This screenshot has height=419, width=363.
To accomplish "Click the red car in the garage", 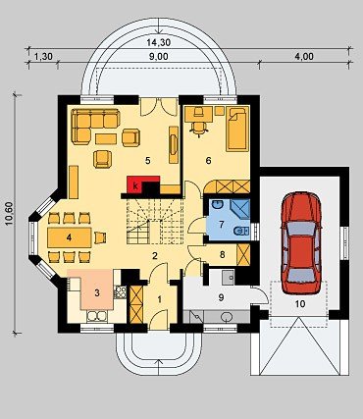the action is click(x=301, y=243).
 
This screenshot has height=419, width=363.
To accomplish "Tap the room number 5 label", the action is click(x=147, y=160).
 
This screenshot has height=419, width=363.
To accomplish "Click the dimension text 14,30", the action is click(x=157, y=42).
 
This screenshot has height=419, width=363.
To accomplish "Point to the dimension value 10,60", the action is click(x=9, y=213).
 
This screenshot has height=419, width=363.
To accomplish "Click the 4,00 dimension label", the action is click(x=304, y=56).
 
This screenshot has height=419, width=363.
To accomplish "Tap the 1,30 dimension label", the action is click(x=43, y=56).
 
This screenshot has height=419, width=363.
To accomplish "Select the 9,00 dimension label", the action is click(x=159, y=56).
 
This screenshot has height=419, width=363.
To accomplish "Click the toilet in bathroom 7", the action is click(x=240, y=232).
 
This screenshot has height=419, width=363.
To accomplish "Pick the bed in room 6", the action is click(x=236, y=129).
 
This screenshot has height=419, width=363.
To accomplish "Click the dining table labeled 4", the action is click(x=70, y=237).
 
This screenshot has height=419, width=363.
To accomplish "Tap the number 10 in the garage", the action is click(x=300, y=304).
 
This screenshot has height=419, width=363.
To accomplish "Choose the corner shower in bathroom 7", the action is click(x=240, y=210).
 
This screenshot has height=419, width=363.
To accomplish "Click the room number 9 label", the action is click(x=221, y=297).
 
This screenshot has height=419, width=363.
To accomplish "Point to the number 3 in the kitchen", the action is click(x=97, y=292).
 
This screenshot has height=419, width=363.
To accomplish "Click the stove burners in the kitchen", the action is click(x=120, y=291).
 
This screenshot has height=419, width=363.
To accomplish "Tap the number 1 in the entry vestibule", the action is click(x=160, y=299).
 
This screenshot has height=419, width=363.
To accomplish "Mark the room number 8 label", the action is click(x=223, y=254).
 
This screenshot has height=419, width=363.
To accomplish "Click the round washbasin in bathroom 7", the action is click(x=217, y=205).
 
